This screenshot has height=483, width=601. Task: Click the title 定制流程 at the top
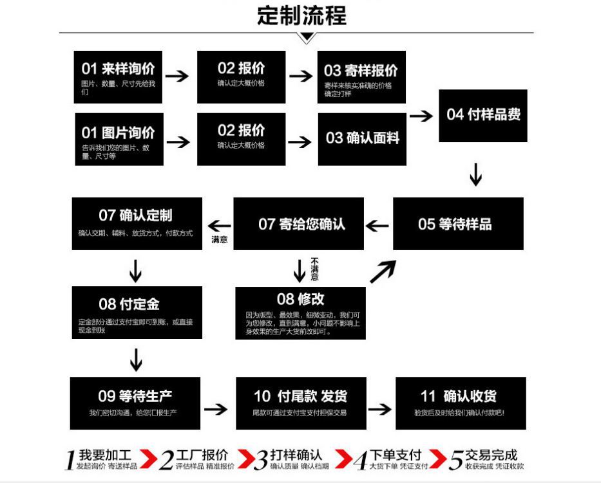tap(301, 15)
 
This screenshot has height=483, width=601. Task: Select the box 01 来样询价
tap(118, 77)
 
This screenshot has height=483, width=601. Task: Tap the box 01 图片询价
tap(119, 139)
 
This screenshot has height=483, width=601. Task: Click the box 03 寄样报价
tap(361, 77)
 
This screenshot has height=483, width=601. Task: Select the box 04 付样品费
tap(483, 116)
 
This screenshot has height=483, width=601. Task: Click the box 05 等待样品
tap(458, 224)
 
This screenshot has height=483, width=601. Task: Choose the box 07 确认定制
tap(137, 223)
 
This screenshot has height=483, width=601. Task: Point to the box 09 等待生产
tap(135, 403)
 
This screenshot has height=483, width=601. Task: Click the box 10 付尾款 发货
tap(300, 403)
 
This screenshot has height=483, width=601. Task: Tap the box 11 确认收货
tap(461, 403)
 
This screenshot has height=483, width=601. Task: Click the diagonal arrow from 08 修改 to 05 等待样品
tap(383, 272)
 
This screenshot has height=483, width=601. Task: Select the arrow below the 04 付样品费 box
tap(475, 174)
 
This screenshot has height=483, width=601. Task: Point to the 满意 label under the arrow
tap(220, 240)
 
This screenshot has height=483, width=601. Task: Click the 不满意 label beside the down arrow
tap(315, 269)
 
